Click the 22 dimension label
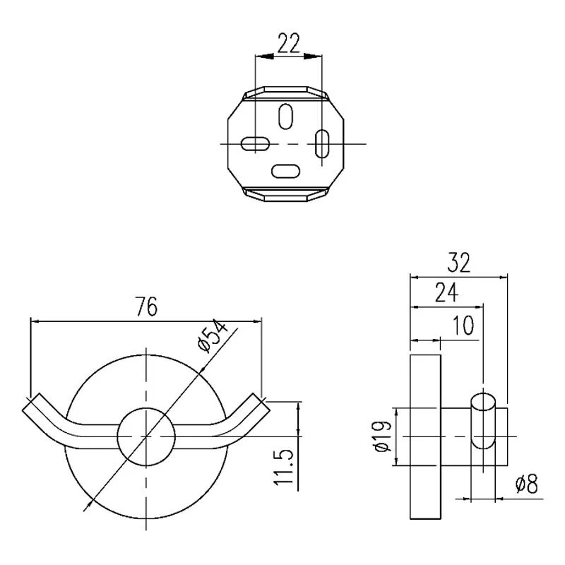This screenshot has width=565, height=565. (289, 43)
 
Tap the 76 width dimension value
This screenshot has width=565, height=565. (147, 307)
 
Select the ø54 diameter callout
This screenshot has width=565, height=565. (213, 336)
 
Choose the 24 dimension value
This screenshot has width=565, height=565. (447, 292)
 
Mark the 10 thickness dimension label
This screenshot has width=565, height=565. (463, 326)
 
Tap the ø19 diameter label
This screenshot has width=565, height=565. (383, 436)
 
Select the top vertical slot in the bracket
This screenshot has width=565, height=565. (286, 117)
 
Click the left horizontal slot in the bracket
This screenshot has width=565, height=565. (255, 144)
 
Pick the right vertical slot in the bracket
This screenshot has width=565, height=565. (322, 143)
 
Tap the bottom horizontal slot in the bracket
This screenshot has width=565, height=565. (285, 171)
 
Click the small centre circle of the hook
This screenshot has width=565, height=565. (146, 436)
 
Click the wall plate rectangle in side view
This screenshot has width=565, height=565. (426, 436)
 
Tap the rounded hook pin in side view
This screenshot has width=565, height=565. (483, 421)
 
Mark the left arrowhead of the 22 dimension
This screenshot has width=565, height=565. (263, 56)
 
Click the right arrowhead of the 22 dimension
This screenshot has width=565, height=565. (313, 56)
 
